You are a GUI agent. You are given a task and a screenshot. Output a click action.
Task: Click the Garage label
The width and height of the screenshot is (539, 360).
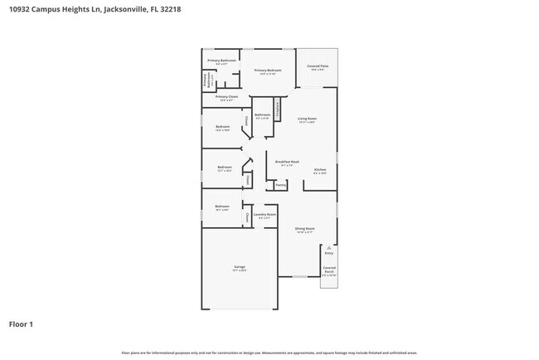pos(239,267)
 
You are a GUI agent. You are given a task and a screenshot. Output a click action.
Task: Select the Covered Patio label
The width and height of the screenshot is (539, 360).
pos(318,66)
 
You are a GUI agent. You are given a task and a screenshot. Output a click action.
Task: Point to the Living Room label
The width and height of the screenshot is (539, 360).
pos(306,119)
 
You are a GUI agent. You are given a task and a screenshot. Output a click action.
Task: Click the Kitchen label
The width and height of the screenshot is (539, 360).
pos(320,170)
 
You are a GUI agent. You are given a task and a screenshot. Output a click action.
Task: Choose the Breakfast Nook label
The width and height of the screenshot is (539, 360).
pos(287,163)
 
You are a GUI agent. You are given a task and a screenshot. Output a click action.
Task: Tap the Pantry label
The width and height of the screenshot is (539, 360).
pos(281,185)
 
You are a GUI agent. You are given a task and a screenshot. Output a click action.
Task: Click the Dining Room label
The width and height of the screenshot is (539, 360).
pos(305,229)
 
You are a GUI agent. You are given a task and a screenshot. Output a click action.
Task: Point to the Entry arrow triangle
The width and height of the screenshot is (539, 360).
pos(329,248)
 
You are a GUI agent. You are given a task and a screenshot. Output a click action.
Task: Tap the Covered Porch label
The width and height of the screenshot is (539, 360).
pos(329,270)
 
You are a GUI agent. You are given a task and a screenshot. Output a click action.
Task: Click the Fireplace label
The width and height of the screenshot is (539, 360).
pos(278,108)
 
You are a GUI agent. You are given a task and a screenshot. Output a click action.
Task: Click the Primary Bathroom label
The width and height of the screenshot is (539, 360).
pos(221,61)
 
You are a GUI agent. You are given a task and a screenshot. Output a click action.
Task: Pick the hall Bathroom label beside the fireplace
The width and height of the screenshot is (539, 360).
pos(263,115)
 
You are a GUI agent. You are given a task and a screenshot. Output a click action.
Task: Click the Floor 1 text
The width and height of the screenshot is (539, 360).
pos(21,324)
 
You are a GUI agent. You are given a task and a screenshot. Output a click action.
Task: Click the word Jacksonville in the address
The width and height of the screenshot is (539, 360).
pos(124,8)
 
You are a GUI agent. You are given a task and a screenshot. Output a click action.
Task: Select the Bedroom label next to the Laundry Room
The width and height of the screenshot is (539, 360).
pos(221,207)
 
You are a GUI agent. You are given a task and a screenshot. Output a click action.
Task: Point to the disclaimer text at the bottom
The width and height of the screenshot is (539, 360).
pos(269,353)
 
